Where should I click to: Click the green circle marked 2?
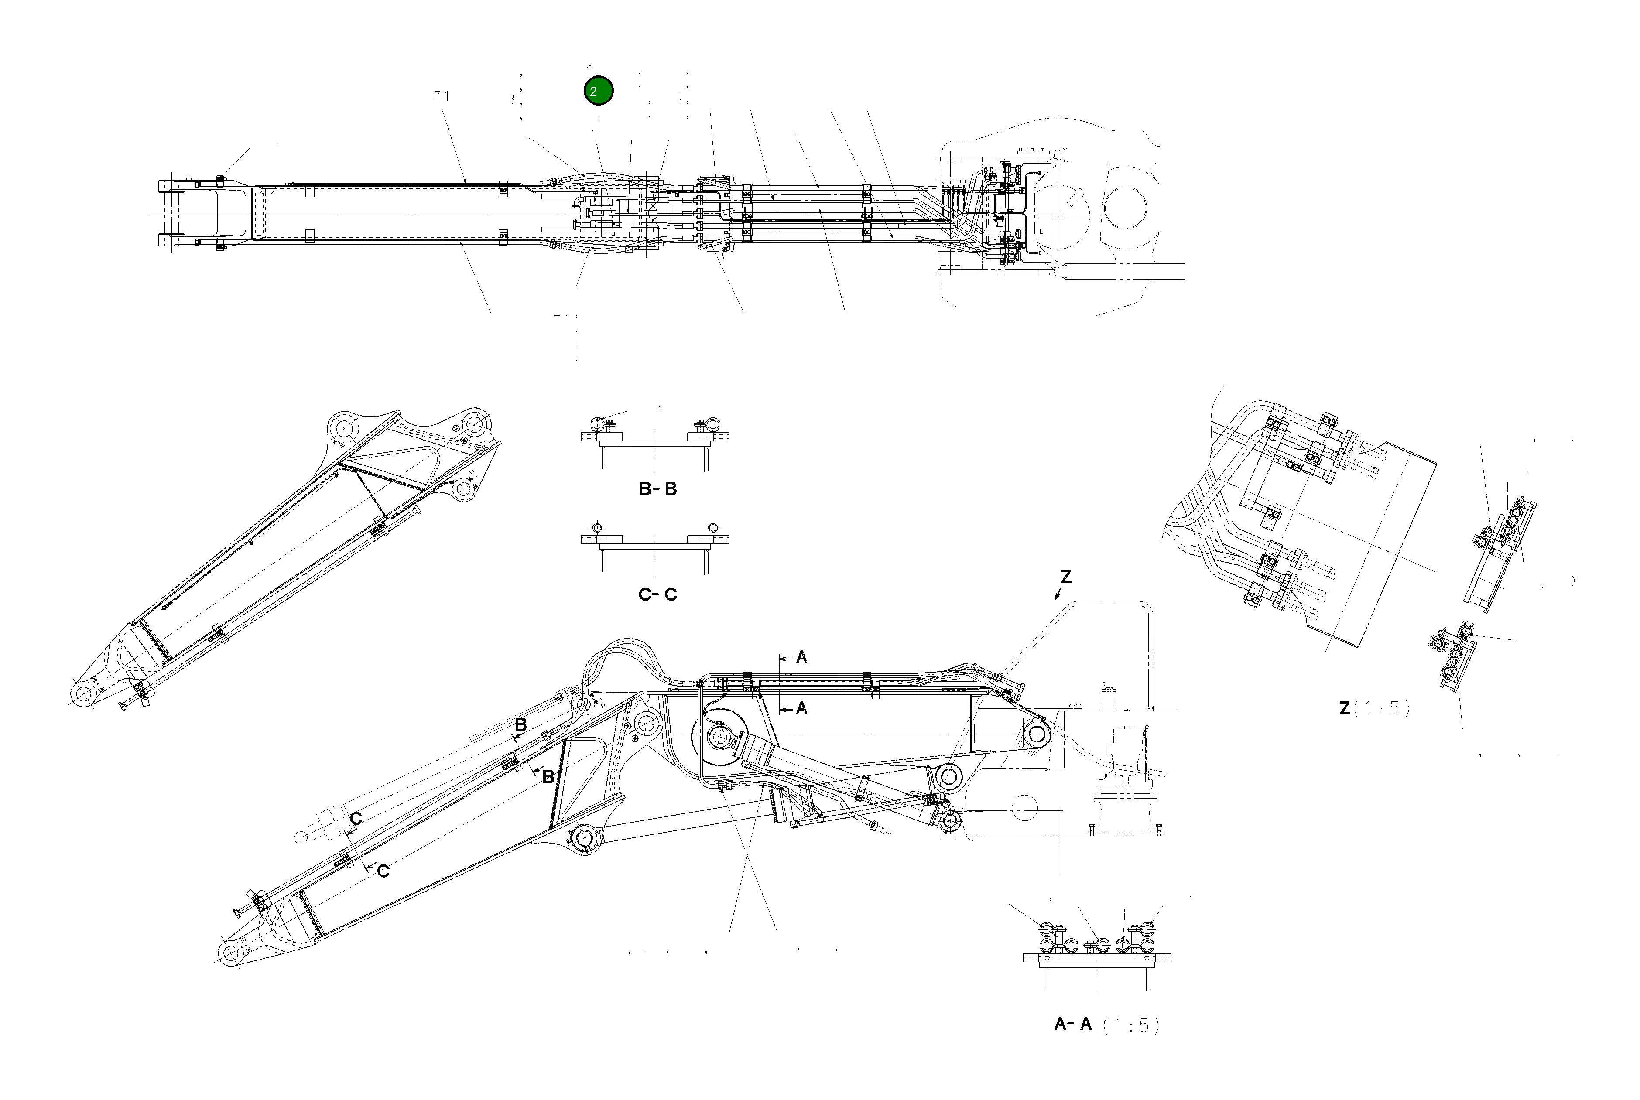pos(598,91)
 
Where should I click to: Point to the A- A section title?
pos(1073,1024)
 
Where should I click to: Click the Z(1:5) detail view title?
pos(1374,708)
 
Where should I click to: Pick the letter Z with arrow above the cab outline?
pos(1065,577)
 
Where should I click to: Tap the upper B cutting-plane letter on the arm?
pos(520,724)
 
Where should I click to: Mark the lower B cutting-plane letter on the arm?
pos(548,777)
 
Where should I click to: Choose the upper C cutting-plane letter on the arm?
pos(356,819)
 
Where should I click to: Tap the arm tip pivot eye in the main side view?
pos(230,953)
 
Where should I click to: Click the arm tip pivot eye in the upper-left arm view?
pos(83,694)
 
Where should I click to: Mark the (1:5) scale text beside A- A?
pos(1131,1025)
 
